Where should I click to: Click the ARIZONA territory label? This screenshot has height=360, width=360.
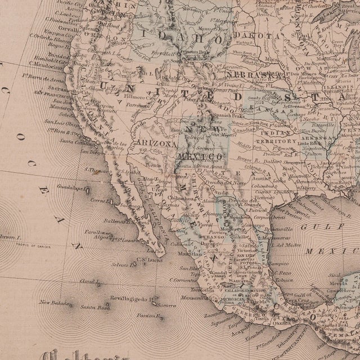coord(152,143)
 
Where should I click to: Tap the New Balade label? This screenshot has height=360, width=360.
coord(50,304)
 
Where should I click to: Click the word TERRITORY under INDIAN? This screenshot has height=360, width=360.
coord(276,141)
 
